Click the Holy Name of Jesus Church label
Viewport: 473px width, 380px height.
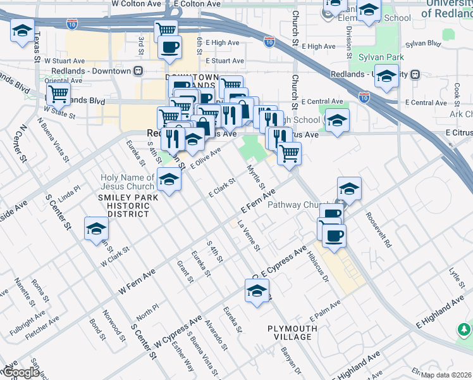tap(127, 182)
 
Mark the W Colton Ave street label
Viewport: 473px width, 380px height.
tap(137, 4)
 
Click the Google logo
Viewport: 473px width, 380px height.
tap(20, 373)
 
